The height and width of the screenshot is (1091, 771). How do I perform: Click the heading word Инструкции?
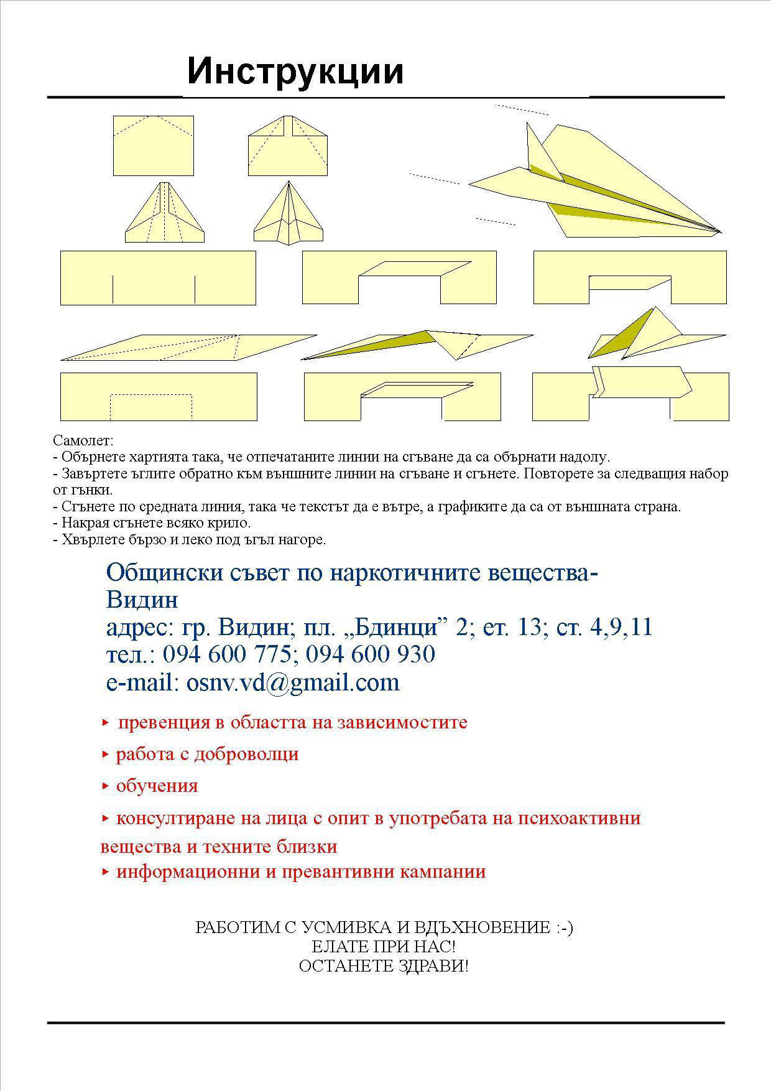coord(295,72)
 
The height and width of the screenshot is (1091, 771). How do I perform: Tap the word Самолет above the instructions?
coord(83,441)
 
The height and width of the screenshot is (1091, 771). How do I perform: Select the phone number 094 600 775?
coord(227,654)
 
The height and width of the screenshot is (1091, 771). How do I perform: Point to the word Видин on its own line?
coord(142,600)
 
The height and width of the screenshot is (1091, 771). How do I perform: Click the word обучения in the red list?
coord(157,786)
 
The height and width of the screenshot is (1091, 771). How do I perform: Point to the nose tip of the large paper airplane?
coord(719,232)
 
